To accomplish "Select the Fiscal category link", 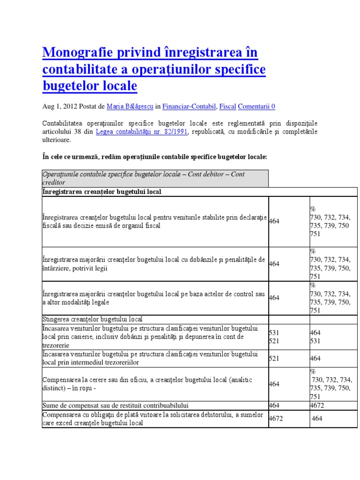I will pos(228,106).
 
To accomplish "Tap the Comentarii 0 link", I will pos(256,106).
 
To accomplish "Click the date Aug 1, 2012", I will pos(60,106).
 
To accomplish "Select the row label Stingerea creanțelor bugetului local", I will pos(92,320).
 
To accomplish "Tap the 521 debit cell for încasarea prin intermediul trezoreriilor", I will pos(274,358).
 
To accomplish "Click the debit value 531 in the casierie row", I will pos(274,332).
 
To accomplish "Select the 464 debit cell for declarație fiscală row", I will pos(274,221).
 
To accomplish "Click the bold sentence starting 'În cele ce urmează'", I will pos(155,157).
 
